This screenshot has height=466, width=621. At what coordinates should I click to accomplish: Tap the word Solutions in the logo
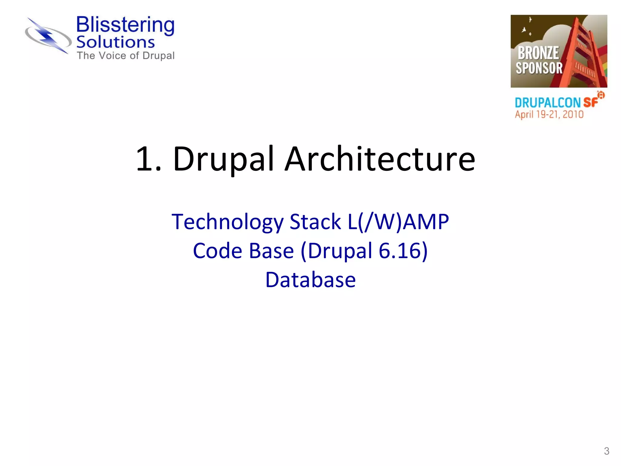[x=116, y=42]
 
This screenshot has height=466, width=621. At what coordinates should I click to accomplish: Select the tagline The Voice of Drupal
[x=126, y=56]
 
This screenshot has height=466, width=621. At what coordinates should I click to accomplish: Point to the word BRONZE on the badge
[x=538, y=53]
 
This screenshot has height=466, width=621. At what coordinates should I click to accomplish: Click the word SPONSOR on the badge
[x=539, y=68]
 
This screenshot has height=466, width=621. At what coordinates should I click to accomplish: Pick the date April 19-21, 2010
[x=549, y=115]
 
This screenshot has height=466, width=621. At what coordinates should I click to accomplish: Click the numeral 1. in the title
[x=149, y=159]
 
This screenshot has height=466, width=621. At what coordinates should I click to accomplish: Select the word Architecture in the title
[x=380, y=159]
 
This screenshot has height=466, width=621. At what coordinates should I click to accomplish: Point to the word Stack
[x=315, y=222]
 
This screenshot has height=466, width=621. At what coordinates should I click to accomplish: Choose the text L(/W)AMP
[x=398, y=222]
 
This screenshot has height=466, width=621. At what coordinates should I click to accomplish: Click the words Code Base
[x=243, y=251]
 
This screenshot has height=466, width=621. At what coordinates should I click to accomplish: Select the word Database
[x=310, y=280]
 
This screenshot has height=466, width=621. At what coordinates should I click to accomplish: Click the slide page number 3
[x=606, y=451]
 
